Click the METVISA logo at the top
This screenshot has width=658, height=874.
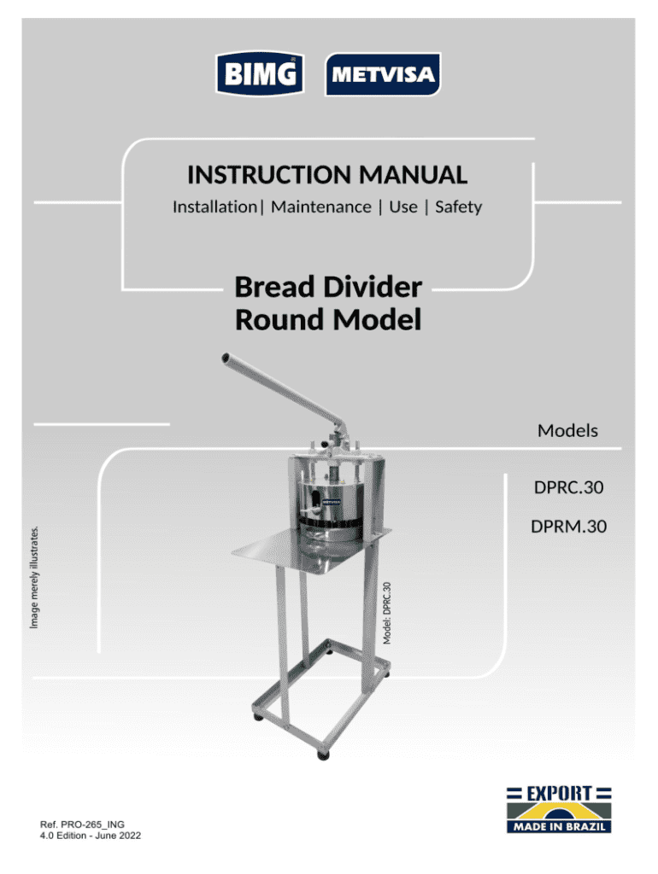tap(383, 75)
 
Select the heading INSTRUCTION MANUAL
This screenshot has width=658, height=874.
tap(327, 176)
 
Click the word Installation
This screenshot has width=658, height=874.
tap(214, 207)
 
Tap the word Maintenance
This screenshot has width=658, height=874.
tap(321, 207)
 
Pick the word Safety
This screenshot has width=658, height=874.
tap(459, 207)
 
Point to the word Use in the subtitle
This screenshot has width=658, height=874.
tap(403, 207)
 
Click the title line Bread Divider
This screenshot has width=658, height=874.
tap(327, 287)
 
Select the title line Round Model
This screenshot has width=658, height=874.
tap(327, 320)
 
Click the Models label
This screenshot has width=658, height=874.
tap(567, 430)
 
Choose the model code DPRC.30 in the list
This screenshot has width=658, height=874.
tap(568, 488)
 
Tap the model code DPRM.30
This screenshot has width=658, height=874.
tap(568, 527)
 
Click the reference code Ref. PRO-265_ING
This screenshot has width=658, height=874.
tap(82, 824)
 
